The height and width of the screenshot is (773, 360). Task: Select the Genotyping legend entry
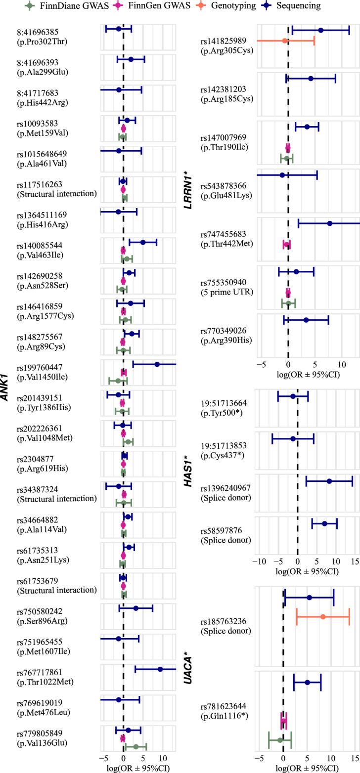pyautogui.click(x=228, y=6)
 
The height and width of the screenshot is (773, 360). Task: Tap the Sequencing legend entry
pyautogui.click(x=291, y=6)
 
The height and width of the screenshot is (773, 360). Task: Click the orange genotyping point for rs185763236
pyautogui.click(x=323, y=616)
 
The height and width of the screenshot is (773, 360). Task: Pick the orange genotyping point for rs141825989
pyautogui.click(x=284, y=41)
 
